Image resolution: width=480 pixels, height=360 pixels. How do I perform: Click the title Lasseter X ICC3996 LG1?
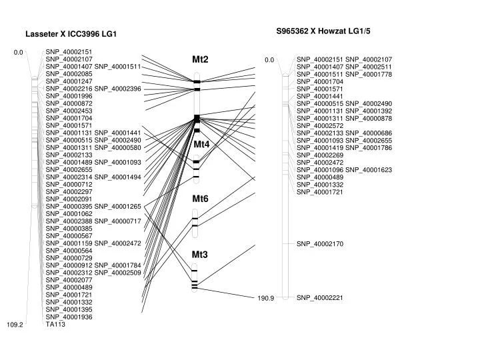coord(71,34)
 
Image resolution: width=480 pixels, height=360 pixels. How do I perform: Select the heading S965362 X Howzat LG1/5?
coord(323,31)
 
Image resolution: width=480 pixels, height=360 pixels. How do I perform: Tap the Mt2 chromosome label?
coord(200,59)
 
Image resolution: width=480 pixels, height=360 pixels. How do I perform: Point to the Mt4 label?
coord(201,144)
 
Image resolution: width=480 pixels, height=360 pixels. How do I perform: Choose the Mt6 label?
coord(200,199)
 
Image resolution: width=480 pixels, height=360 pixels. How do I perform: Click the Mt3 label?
coord(199,255)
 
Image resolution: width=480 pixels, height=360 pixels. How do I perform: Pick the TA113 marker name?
coord(55,324)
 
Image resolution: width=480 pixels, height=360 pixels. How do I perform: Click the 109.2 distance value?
coord(15,325)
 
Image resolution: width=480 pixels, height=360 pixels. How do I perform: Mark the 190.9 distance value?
coord(266,298)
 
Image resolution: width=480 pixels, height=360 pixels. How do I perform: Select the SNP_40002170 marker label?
coord(320,244)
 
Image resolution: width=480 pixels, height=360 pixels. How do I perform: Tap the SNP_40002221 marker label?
coord(320,297)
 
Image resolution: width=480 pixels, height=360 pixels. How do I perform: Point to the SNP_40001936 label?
coord(69,317)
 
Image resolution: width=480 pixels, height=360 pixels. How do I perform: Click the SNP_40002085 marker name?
coord(69,74)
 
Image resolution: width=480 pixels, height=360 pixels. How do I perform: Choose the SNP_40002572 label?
coord(320,126)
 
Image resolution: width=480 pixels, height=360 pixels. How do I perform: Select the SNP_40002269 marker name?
coord(320,155)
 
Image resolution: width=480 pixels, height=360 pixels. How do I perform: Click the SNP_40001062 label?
coord(69,214)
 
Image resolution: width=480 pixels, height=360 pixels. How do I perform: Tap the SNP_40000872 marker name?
coord(69,103)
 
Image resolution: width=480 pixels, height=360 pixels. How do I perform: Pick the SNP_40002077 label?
coord(69,280)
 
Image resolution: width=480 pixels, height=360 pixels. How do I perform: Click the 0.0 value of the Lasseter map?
coord(19,53)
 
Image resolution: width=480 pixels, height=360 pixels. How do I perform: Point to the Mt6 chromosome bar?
coord(195,223)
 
